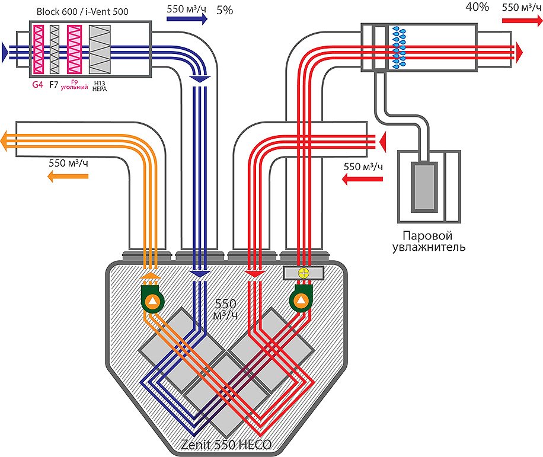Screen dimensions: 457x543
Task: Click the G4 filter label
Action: pos(37,85)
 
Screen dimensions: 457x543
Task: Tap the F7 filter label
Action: pos(54,85)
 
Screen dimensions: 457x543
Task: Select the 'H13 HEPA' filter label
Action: pos(99,85)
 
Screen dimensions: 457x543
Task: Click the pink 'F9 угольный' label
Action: pos(75,85)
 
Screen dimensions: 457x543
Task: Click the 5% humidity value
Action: pos(225,11)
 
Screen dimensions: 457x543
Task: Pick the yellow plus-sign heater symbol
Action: pos(303,273)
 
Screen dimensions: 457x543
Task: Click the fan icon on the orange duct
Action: pos(152,301)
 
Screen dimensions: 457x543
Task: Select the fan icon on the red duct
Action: pos(302,301)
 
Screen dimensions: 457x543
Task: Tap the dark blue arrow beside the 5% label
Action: pos(188,19)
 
